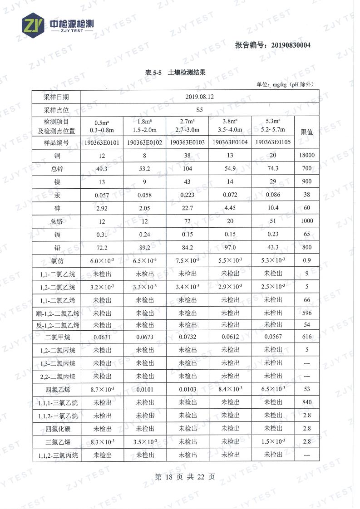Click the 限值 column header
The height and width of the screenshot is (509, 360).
tap(307, 132)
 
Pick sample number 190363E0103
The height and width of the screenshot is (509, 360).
tap(187, 142)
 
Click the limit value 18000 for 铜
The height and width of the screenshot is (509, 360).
tap(307, 156)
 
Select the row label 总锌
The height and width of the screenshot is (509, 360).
tap(57, 169)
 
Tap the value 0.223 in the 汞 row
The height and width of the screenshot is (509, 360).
tap(187, 195)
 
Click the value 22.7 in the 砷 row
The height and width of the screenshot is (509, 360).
tap(187, 208)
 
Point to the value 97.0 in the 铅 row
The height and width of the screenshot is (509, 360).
tap(230, 248)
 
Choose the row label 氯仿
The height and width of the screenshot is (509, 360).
tap(57, 261)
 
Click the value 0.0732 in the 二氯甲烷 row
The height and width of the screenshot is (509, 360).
tap(187, 337)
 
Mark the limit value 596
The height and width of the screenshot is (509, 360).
tap(307, 313)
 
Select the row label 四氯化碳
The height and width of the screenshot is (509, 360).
tap(57, 429)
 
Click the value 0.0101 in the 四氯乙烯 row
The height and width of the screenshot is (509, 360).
tap(145, 389)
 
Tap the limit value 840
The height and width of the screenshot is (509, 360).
tap(307, 402)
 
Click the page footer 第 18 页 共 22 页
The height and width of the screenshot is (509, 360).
tap(185, 477)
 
